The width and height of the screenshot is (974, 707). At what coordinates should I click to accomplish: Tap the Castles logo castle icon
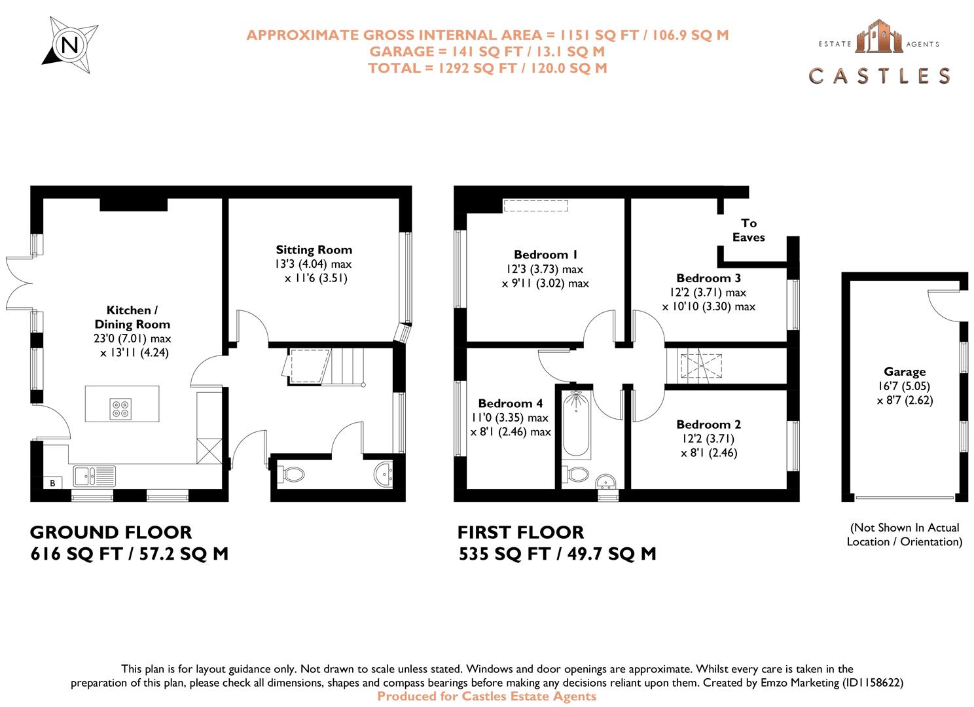coord(878,36)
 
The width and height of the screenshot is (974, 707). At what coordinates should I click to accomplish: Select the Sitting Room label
coord(314,249)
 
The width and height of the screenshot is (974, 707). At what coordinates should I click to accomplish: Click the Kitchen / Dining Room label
coord(132,317)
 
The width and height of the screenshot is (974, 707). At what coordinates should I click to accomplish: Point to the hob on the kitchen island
coord(121,408)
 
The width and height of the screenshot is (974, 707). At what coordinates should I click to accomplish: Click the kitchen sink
coord(94,475)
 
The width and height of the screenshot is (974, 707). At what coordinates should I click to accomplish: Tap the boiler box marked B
coord(52,483)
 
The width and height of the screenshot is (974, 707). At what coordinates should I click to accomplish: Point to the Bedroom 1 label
coord(545,255)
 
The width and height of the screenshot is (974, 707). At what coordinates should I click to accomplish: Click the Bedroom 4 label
coord(510,403)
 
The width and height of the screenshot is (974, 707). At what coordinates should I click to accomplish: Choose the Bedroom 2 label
coord(708,424)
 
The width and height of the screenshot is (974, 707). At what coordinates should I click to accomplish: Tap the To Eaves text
coord(748,230)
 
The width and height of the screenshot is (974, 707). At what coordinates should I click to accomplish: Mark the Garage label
coord(905,371)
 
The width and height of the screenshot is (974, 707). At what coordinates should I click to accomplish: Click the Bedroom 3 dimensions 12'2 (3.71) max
coord(708,292)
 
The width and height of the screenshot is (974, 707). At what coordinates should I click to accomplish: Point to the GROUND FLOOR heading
coord(111,532)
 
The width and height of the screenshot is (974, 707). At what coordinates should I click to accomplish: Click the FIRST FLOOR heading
coord(520,532)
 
